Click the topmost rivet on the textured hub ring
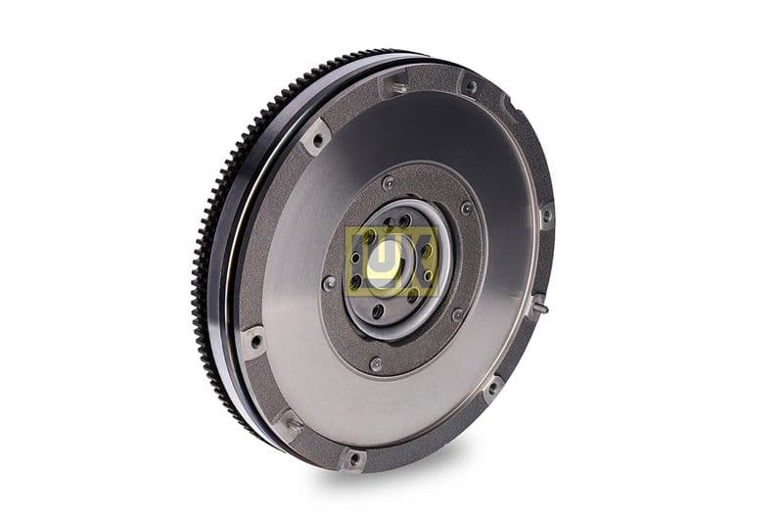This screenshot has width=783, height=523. pos(389,183)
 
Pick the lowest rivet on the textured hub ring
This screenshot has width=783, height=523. pos(375,364)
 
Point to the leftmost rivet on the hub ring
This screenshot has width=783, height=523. pos(329,283)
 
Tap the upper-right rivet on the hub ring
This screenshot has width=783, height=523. pos(466,209)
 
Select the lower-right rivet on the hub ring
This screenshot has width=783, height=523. pos(456,314)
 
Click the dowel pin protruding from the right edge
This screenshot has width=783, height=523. pos(539,306)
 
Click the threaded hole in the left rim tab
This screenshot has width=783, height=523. pos(256,342)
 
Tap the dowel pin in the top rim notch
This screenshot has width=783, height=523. pos(396,87)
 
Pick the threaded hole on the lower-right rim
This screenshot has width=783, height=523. pos(492,386)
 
